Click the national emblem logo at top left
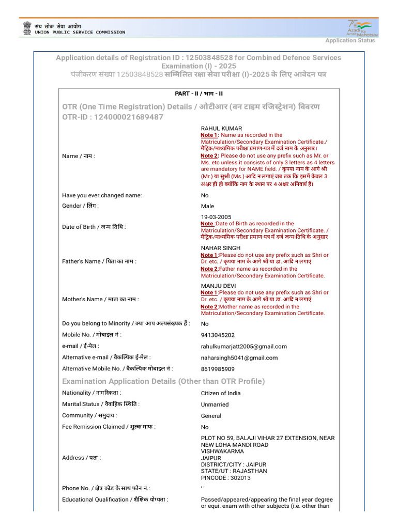26,28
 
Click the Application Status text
350,41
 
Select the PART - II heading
198,94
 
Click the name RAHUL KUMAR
221,128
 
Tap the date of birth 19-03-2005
216,217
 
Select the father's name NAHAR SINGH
221,248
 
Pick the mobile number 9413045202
218,335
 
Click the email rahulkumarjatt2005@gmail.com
243,347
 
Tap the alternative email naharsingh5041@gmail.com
239,357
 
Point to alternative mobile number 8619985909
218,369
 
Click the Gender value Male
207,206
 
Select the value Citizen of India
221,393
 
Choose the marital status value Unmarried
215,404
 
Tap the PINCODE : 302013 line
226,478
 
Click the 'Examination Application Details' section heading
163,381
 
